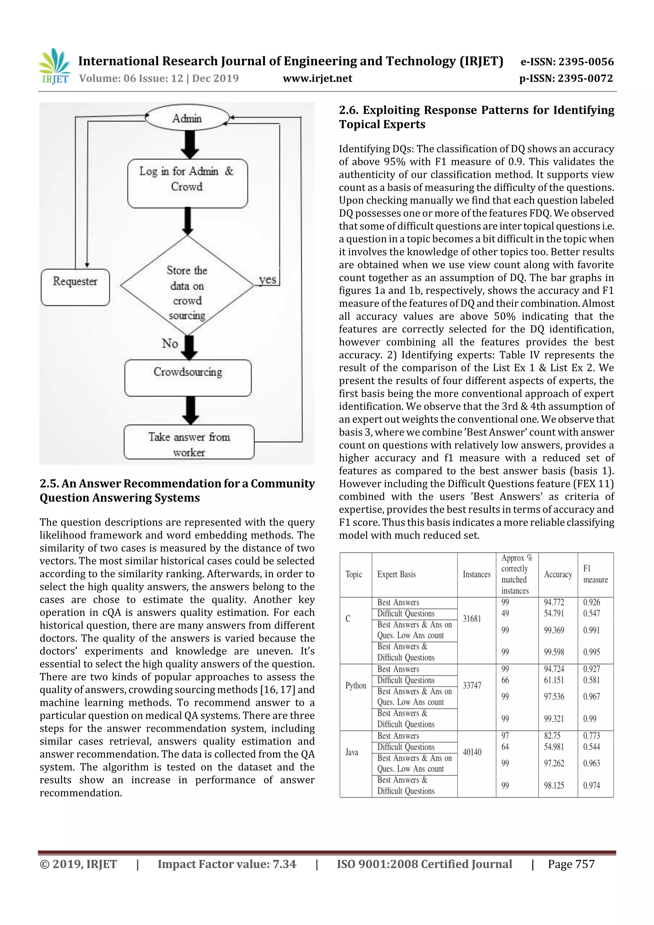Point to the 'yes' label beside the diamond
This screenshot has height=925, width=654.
coord(267,280)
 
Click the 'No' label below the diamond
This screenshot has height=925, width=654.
coord(170,344)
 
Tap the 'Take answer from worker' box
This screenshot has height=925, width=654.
coord(189,442)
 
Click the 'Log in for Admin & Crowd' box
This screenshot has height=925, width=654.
coord(187,183)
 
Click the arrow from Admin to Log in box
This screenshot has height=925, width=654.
coord(189,144)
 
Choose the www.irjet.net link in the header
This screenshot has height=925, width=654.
coord(317,78)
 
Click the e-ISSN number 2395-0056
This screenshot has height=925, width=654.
coord(586,62)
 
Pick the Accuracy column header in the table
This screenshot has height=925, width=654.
coord(558,574)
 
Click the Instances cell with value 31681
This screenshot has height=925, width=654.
coord(472,618)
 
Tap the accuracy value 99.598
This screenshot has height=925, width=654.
coord(554,652)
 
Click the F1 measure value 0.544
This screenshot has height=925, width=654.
coord(591,747)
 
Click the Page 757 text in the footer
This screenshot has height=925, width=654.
coord(571,864)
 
